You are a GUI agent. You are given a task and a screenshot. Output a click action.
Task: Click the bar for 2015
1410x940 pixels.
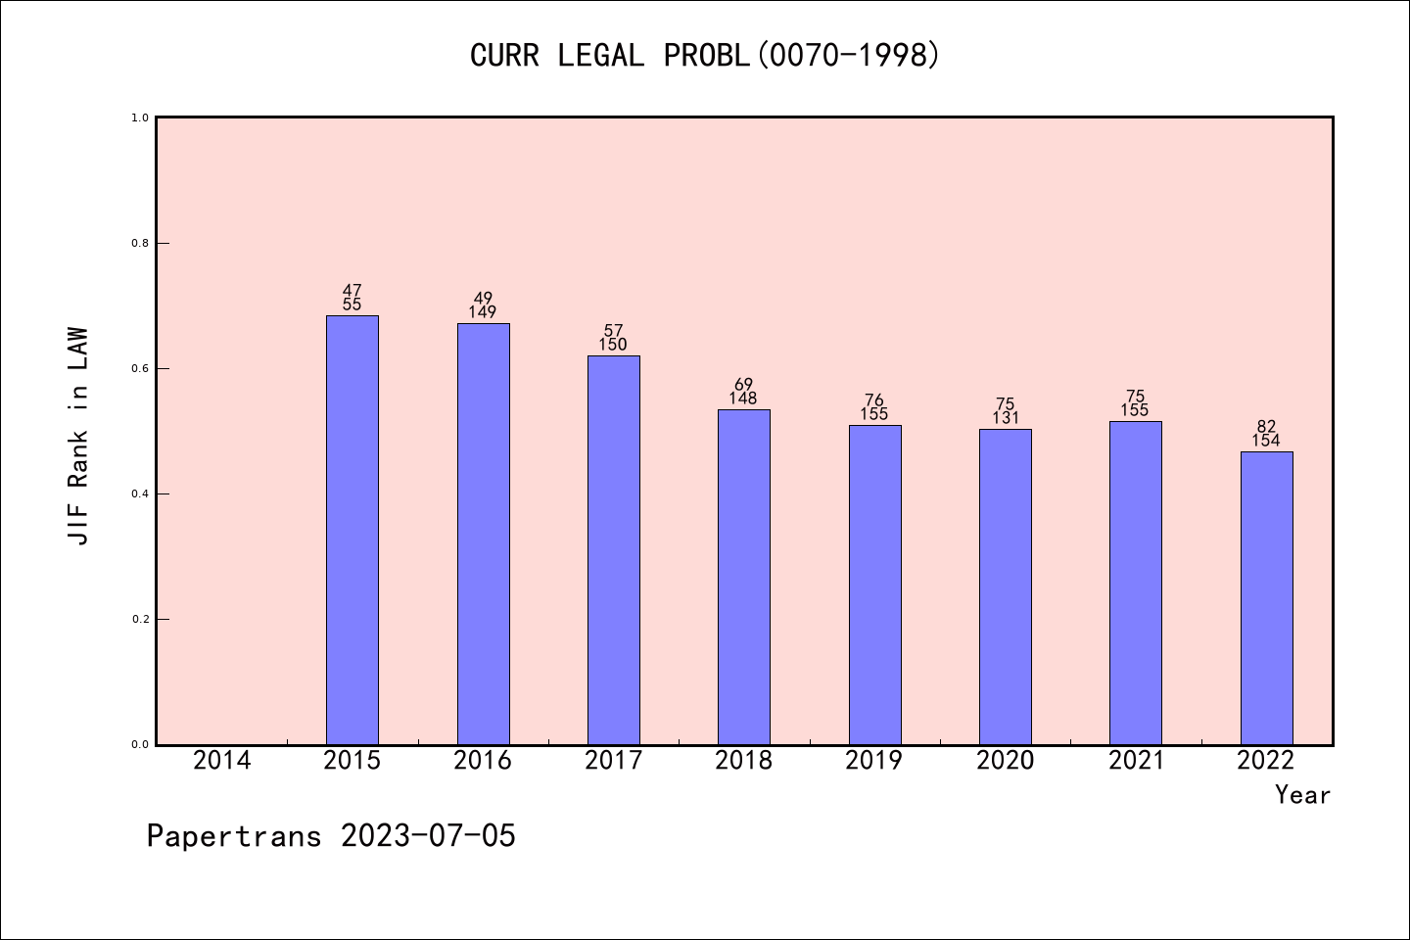click(352, 530)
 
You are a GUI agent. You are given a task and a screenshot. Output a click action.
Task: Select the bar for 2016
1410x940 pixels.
click(483, 534)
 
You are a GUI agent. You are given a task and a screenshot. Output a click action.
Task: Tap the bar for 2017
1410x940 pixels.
click(613, 549)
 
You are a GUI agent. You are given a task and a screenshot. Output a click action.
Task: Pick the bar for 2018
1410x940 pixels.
click(744, 577)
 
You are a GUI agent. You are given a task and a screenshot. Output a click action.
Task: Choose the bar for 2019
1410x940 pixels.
click(874, 585)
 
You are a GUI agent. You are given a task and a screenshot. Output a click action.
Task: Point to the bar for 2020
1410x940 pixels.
click(1005, 587)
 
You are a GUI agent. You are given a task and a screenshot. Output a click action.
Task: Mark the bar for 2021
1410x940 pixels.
click(1135, 583)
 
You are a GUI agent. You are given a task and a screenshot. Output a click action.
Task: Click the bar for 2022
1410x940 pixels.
click(1266, 597)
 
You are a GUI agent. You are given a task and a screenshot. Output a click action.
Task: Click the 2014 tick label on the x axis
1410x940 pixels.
click(222, 761)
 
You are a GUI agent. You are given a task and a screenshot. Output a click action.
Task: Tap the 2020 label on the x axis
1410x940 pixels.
click(1005, 761)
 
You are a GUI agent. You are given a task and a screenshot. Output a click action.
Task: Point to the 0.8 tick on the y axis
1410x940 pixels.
click(140, 243)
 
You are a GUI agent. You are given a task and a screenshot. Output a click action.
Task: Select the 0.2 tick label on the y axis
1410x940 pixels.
click(140, 619)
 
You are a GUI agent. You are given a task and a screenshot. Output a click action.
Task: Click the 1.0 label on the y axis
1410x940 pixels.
click(140, 117)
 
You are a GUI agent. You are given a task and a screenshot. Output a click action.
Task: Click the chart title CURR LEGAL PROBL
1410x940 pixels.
click(705, 56)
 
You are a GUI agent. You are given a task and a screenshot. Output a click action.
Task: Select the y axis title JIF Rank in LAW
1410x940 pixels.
click(78, 437)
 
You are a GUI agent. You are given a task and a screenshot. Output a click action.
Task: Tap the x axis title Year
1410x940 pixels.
click(1302, 795)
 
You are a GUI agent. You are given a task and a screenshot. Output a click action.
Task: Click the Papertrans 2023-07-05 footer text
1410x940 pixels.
click(331, 836)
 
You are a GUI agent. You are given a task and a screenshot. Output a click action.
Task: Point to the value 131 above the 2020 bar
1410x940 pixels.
click(1005, 418)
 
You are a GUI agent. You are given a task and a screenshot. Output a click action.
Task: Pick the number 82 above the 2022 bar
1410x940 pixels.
click(1266, 427)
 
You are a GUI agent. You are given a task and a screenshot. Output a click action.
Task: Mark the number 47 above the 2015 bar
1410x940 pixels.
click(352, 291)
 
